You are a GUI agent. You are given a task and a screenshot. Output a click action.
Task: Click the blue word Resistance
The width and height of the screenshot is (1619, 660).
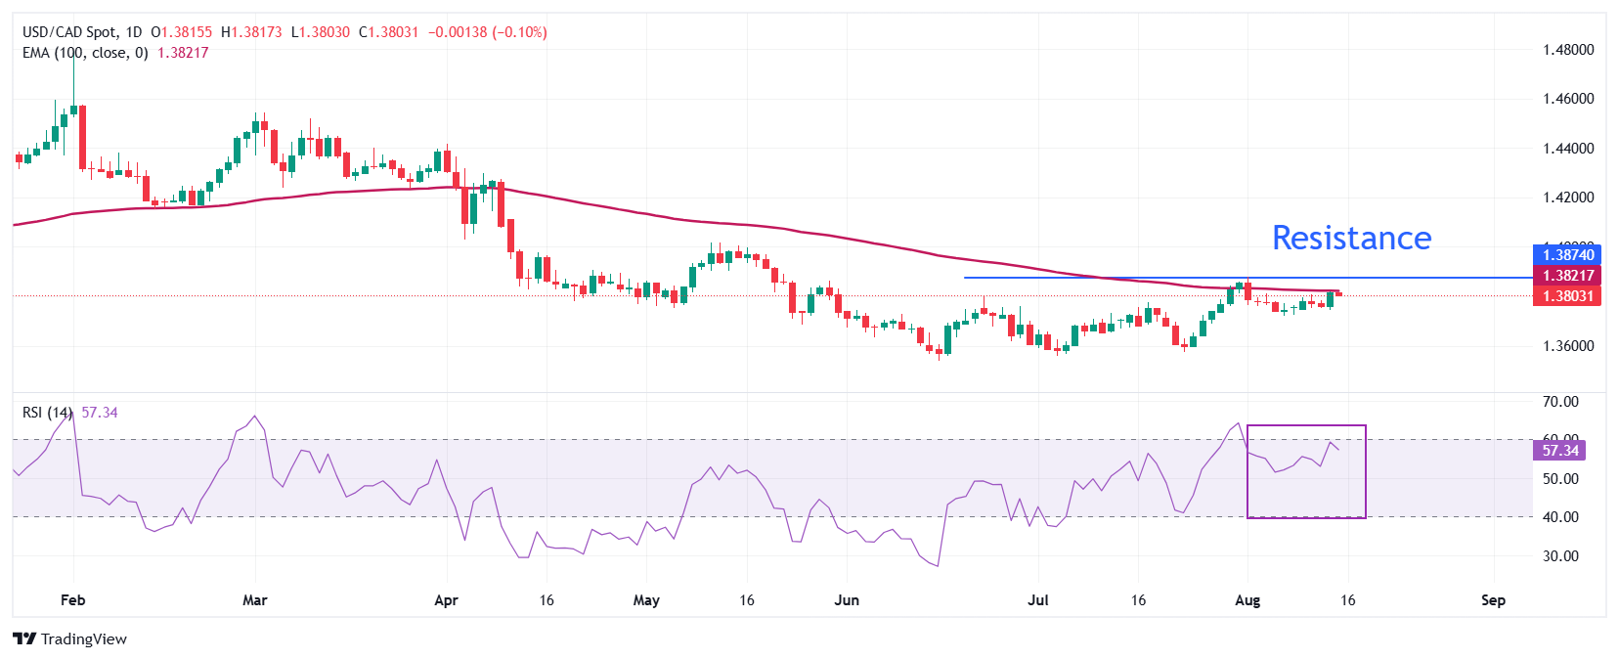coord(1351,238)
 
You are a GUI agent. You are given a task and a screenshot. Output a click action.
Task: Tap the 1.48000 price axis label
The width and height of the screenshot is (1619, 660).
coord(1568,49)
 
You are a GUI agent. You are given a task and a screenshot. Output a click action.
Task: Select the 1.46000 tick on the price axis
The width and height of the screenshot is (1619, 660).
coord(1568,99)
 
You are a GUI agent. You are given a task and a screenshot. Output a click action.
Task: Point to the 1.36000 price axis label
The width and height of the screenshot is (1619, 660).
coord(1568,345)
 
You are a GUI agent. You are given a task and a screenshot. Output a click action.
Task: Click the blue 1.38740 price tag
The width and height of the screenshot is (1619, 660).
coord(1567,255)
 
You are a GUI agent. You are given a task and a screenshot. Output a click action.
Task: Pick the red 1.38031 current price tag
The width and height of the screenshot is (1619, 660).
coord(1567,296)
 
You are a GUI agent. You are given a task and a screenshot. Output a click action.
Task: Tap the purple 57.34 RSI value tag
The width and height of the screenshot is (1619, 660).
coord(1560,451)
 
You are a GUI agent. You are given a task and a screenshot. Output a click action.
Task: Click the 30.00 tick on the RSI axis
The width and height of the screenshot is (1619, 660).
coord(1560,555)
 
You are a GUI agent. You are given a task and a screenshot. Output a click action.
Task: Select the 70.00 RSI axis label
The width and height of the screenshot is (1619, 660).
coord(1560,402)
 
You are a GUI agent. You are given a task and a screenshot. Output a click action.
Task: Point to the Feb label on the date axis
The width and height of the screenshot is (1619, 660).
coord(73,600)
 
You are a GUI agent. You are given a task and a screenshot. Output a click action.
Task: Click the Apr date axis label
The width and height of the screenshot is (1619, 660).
coord(446,600)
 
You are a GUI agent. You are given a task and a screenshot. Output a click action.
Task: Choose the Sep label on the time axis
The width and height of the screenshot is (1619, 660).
coord(1493,600)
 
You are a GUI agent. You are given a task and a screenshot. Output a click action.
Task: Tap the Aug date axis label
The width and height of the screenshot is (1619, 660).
coord(1247,600)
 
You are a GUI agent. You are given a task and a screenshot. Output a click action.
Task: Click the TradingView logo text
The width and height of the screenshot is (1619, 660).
coord(83,639)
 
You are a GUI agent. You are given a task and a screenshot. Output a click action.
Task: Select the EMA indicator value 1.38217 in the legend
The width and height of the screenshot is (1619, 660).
coord(183,53)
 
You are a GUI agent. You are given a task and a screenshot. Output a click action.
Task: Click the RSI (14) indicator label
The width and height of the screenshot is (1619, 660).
coord(47,413)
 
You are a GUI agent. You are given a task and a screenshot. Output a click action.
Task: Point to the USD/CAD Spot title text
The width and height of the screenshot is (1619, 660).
coord(68,32)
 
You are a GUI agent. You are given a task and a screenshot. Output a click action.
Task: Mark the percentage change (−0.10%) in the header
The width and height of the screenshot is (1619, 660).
coord(519,32)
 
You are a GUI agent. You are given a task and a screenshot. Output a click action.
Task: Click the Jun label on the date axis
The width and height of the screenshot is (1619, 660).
coord(847,600)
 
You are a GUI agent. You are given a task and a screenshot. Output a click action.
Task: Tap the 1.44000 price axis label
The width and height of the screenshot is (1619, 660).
coord(1568,149)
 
